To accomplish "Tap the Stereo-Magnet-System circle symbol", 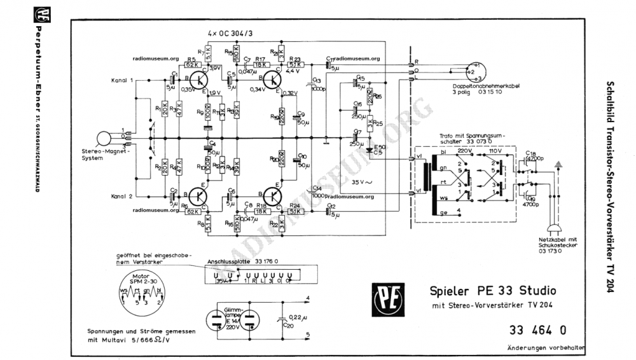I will pos(104,138).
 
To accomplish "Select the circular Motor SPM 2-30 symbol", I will pos(139,294).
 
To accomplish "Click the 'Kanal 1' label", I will pos(122,81).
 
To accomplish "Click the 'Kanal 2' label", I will pos(122,196).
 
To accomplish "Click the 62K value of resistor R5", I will pos(191,65).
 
